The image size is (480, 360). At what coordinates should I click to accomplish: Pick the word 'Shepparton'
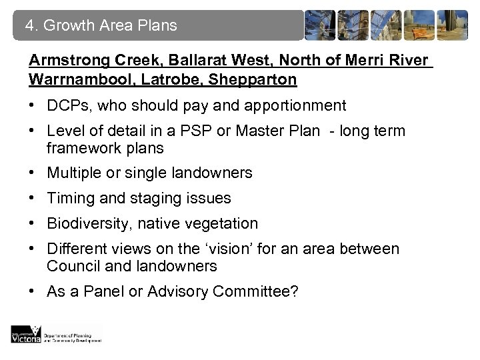click(x=247, y=80)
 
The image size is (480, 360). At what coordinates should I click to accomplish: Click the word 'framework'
click(x=80, y=148)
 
